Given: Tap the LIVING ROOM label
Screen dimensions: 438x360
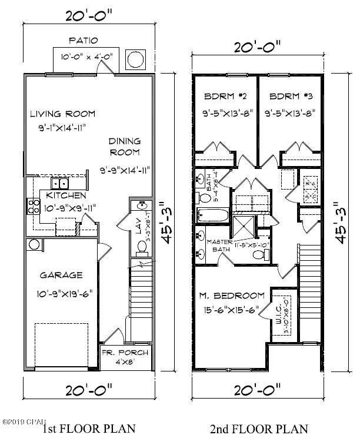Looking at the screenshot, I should pos(63,114).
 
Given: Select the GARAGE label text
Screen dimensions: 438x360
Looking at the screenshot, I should pos(61,275).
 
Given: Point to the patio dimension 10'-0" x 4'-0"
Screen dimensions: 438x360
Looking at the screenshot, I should pos(86,58).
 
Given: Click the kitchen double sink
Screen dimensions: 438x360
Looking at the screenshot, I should pos(64,183).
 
